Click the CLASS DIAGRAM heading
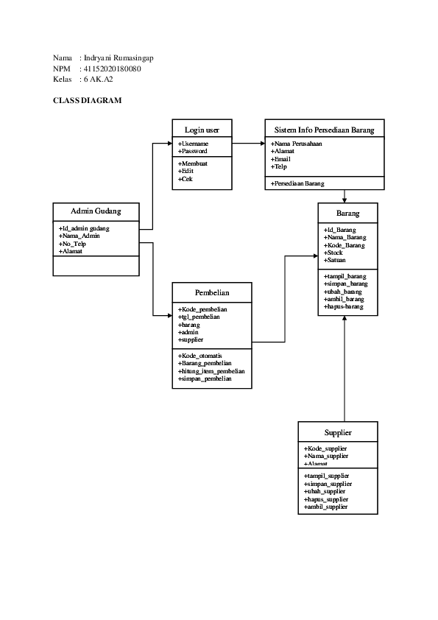point(87,100)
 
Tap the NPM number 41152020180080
point(113,68)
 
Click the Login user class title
point(202,130)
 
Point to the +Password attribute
point(193,151)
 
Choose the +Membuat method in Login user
point(193,163)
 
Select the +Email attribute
point(281,159)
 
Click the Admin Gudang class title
point(96,211)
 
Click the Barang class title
point(348,214)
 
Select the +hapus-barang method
point(344,306)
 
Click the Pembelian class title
point(212,292)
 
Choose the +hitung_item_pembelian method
point(211,371)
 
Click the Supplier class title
point(338,432)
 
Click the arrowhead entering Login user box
point(169,143)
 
